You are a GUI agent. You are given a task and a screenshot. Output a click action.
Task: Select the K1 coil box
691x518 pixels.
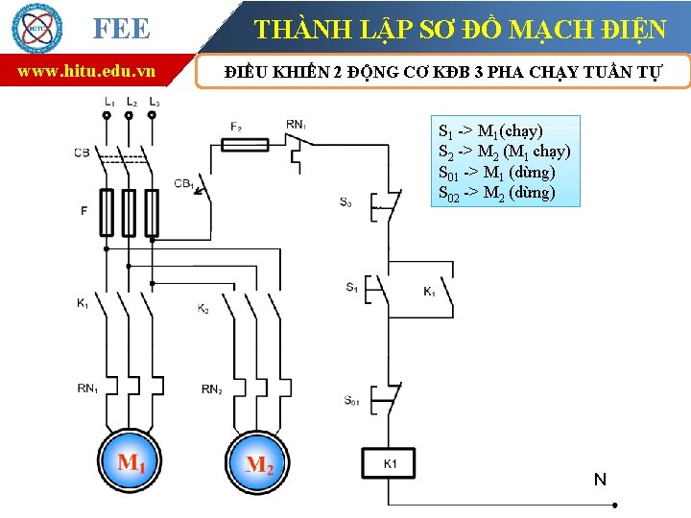coord(389,464)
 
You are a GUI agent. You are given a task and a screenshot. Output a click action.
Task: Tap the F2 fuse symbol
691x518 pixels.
coord(245,145)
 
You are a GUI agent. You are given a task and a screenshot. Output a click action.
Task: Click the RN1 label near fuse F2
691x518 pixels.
coord(297,125)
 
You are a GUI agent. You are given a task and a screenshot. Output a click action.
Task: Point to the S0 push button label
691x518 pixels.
coord(345,202)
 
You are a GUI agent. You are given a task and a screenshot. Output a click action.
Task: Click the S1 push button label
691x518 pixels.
coord(352,287)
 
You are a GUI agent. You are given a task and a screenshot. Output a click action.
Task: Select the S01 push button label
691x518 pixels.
coord(352,400)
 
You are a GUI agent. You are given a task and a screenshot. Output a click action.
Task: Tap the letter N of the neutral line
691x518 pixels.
coord(600,479)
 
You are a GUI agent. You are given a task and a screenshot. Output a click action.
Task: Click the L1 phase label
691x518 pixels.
coord(109,101)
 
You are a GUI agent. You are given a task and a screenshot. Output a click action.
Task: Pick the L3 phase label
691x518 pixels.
coord(154,101)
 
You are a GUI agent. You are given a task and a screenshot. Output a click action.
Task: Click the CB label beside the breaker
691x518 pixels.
coord(82,153)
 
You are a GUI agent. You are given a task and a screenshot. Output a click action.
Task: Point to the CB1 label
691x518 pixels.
coord(184,182)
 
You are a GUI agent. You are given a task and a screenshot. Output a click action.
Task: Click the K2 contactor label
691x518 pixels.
coord(203,309)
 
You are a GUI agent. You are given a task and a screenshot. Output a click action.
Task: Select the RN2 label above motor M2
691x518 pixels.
coord(212,388)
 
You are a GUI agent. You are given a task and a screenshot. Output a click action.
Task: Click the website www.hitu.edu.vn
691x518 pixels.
coord(87,71)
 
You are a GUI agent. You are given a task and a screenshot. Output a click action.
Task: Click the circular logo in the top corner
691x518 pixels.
coord(36,27)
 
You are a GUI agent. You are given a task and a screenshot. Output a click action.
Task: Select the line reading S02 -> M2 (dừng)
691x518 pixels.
coord(496,193)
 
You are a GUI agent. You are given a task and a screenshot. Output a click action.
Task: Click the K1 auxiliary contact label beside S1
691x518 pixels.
coord(430,292)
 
